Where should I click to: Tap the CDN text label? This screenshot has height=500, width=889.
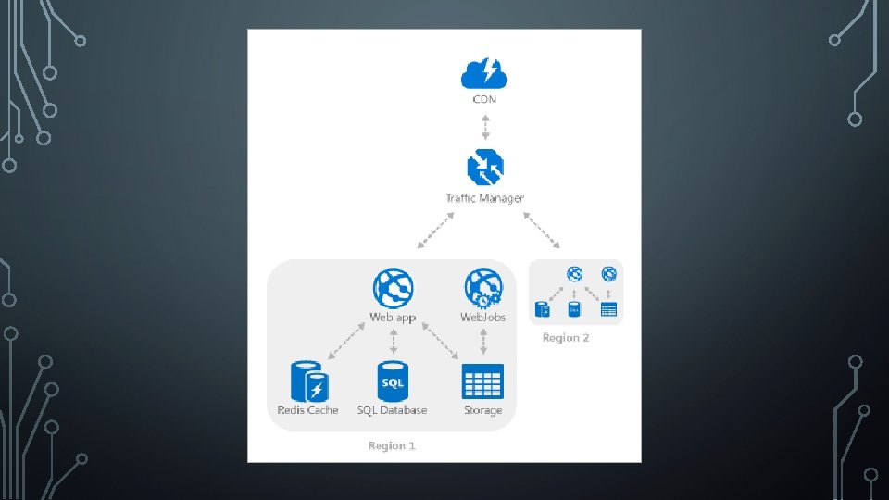pyautogui.click(x=483, y=99)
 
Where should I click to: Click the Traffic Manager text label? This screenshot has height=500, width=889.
pyautogui.click(x=484, y=198)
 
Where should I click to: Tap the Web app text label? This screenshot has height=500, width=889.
pyautogui.click(x=393, y=318)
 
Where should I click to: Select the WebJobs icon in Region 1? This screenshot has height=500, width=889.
pyautogui.click(x=483, y=288)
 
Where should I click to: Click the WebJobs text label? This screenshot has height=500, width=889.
pyautogui.click(x=483, y=318)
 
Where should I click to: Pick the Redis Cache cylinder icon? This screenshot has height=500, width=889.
pyautogui.click(x=308, y=381)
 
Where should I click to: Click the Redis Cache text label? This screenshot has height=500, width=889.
pyautogui.click(x=308, y=410)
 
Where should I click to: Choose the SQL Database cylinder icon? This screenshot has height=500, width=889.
pyautogui.click(x=393, y=381)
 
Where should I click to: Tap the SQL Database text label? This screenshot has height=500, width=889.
pyautogui.click(x=393, y=410)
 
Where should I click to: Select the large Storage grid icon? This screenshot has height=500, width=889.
pyautogui.click(x=482, y=381)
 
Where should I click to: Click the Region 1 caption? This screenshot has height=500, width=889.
pyautogui.click(x=392, y=446)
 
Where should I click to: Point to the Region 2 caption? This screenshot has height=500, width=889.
pyautogui.click(x=566, y=338)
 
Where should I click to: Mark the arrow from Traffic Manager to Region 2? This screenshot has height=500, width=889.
pyautogui.click(x=543, y=231)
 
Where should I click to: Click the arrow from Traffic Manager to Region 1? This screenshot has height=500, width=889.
pyautogui.click(x=435, y=231)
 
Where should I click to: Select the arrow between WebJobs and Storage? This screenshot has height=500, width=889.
pyautogui.click(x=483, y=344)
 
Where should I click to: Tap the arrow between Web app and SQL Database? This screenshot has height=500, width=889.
pyautogui.click(x=394, y=343)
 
